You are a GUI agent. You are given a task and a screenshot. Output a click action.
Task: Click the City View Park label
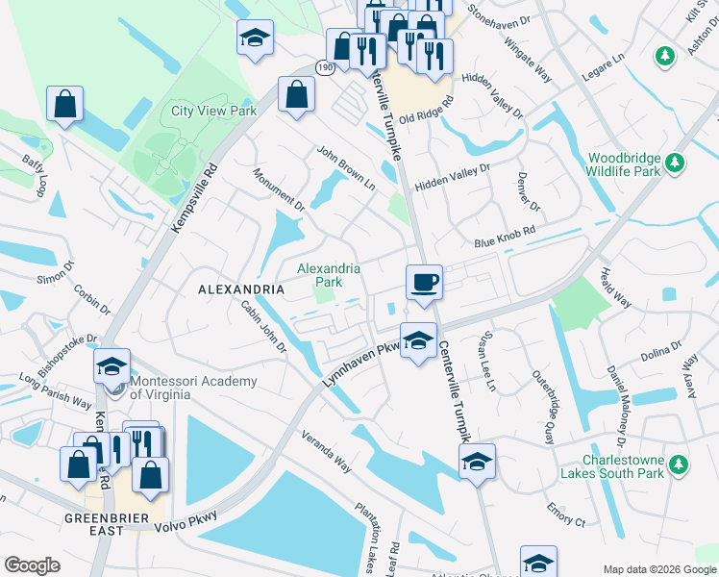click(213, 111)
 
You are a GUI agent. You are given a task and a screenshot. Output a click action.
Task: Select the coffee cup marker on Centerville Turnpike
click(424, 283)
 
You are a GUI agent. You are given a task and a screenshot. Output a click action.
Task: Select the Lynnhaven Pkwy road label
click(360, 365)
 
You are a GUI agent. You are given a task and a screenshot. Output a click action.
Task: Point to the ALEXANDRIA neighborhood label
click(241, 289)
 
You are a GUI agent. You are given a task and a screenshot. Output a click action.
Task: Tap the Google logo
click(32, 565)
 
